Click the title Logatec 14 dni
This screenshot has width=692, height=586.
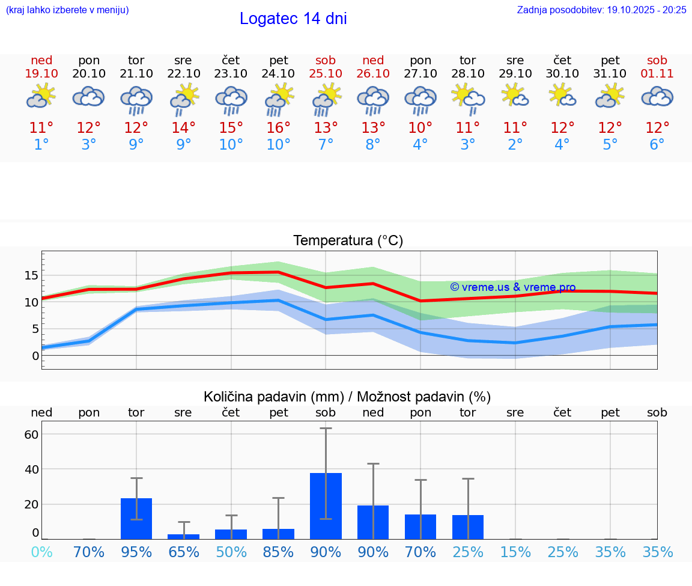pos(293,19)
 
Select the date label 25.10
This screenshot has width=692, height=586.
pos(326,74)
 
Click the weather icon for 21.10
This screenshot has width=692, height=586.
pos(136,99)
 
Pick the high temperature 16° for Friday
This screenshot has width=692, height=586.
pos(278,128)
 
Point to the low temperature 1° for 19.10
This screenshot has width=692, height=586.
pos(41,145)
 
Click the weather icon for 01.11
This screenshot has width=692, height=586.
pos(657,97)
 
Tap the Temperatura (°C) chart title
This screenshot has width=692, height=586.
pos(348,241)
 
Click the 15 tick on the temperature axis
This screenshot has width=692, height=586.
pos(32,275)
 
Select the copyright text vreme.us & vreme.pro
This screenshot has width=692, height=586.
pos(512,287)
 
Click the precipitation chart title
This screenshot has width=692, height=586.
pos(347,397)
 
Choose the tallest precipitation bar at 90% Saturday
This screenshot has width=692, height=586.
pos(326,506)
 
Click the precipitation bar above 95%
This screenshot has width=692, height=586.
pos(136,519)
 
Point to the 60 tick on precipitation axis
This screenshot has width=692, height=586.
pos(32,434)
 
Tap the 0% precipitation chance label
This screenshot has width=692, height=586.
pos(41,552)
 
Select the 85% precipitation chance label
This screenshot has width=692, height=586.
pos(278,552)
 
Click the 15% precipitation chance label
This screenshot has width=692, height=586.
pos(515,552)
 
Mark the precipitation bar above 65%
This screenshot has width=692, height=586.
pos(183,536)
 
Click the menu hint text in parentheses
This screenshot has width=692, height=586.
pos(67,10)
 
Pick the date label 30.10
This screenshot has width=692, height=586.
pos(562,74)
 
